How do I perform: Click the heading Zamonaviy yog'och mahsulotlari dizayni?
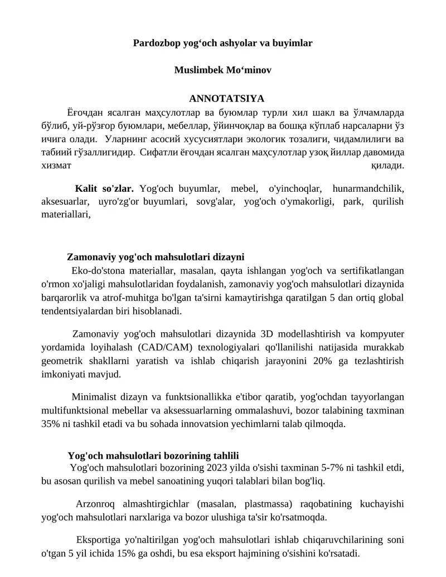click(x=156, y=257)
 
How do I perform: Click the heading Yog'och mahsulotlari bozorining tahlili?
click(x=153, y=455)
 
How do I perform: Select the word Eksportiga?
click(x=98, y=541)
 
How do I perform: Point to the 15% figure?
click(x=134, y=554)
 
